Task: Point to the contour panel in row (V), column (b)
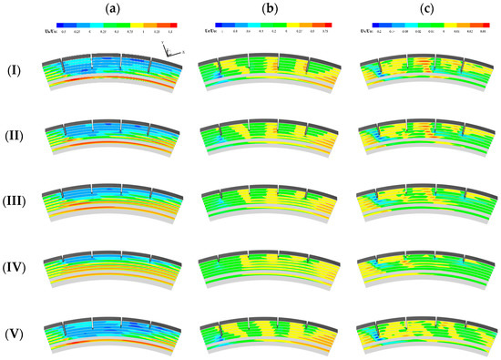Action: click(x=269, y=328)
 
